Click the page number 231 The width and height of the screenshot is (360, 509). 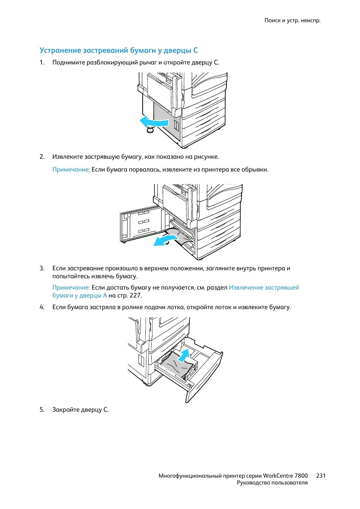click(x=321, y=475)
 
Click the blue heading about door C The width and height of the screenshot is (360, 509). click(x=118, y=50)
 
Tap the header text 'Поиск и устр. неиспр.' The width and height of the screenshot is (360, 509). click(x=292, y=20)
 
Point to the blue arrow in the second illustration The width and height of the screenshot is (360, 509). click(x=165, y=239)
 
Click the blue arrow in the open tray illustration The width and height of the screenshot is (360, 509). click(x=184, y=355)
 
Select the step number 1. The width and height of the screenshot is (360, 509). click(x=42, y=63)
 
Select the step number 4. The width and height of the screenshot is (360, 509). click(x=42, y=307)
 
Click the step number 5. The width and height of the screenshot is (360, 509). click(x=42, y=409)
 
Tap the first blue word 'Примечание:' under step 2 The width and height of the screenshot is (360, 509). click(x=71, y=170)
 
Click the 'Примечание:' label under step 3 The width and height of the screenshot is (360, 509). click(x=71, y=287)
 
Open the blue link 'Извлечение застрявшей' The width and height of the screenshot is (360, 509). click(x=264, y=287)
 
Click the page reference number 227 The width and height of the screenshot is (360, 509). click(x=135, y=295)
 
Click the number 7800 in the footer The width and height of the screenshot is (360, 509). click(x=301, y=475)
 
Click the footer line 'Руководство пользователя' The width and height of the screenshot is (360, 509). click(x=272, y=483)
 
